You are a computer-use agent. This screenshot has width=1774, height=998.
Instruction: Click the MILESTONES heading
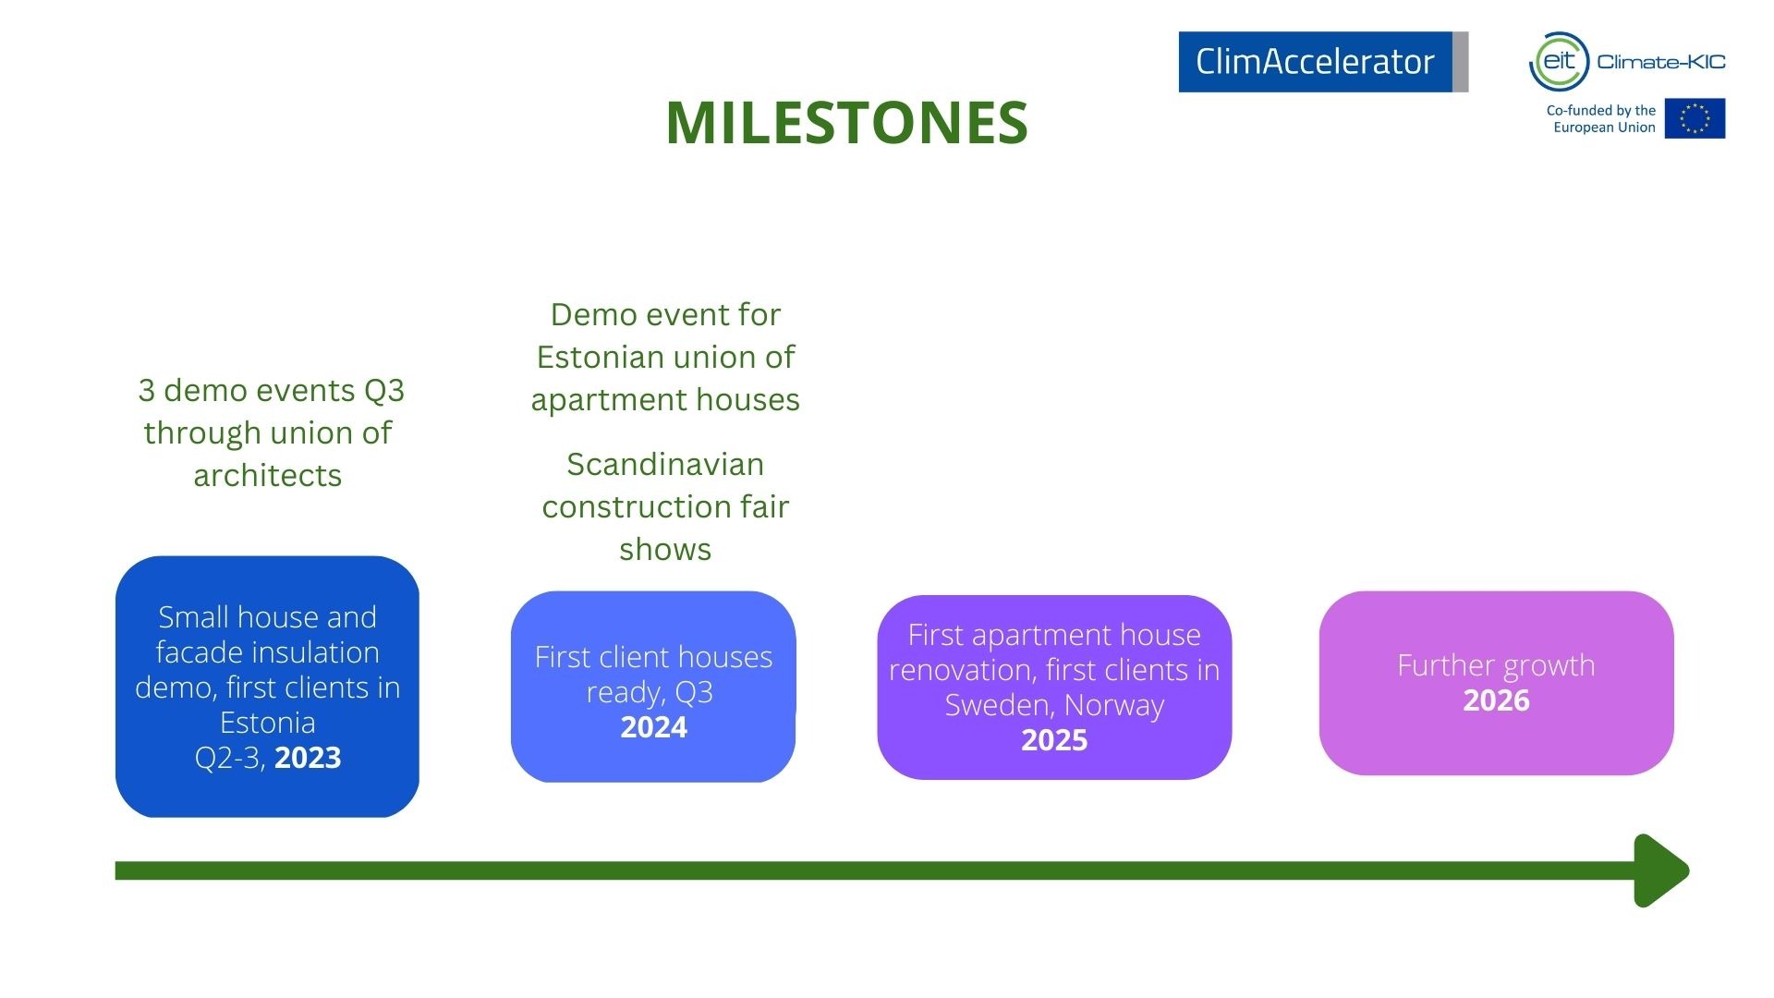coord(846,123)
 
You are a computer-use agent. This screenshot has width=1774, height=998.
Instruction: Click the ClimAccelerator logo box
coord(1323,62)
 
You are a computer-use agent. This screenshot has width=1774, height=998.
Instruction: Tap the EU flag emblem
coord(1695,118)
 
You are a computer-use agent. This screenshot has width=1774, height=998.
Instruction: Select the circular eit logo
coord(1559,62)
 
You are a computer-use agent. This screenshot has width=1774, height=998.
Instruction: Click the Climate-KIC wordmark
coord(1660,62)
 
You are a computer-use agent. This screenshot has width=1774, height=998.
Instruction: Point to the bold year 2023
coord(308,758)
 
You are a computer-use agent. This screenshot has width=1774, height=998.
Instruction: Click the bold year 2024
coord(653,727)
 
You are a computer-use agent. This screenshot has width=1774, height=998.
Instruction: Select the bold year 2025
coord(1054,740)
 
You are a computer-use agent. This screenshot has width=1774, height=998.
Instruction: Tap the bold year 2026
coord(1496,700)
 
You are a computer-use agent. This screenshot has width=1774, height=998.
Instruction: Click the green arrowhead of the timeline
coord(1660,870)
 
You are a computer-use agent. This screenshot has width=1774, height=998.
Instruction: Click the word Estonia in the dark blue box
coord(267,722)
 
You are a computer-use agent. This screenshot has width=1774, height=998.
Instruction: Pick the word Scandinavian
coord(665,464)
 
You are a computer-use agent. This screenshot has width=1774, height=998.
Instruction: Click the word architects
coord(267,475)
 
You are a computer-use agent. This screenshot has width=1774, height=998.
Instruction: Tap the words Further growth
coord(1496,665)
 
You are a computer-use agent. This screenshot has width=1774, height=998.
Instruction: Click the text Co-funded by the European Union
coord(1600,118)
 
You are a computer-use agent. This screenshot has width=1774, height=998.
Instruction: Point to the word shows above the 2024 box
coord(665,549)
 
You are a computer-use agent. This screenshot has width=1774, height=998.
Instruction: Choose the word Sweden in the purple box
coord(1001,705)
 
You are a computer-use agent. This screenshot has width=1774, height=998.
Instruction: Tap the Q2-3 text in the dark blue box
coord(230,758)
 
